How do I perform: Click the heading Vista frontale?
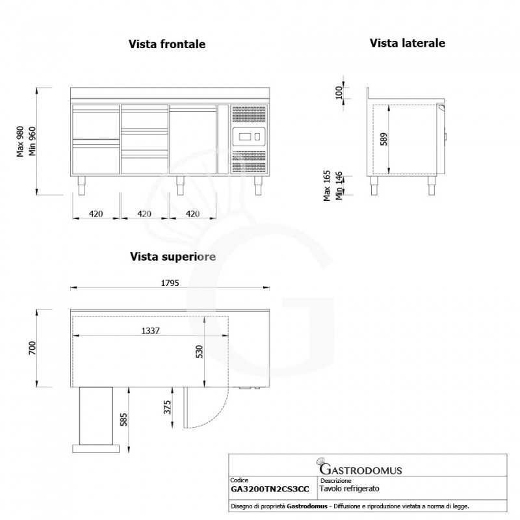coord(167,44)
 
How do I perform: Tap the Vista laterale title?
coord(408,43)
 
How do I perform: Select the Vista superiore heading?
coord(172,257)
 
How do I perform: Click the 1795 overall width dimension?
coord(170,283)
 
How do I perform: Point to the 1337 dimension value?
coord(150,331)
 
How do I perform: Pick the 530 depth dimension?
coord(200,352)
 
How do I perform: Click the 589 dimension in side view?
coord(383,139)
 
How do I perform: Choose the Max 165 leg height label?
coord(328,185)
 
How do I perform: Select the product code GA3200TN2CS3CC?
coord(270,489)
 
